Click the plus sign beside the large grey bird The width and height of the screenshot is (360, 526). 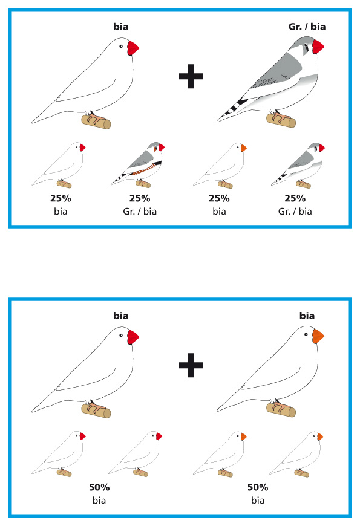point(191,76)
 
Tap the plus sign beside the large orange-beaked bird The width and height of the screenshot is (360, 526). point(191,365)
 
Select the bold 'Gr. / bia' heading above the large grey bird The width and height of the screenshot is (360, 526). point(307,27)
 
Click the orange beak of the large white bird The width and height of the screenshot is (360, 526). point(318,336)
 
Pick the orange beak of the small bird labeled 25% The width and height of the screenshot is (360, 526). point(243,148)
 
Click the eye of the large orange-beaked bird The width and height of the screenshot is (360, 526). point(306,334)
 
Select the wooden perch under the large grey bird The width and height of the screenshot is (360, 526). point(281,120)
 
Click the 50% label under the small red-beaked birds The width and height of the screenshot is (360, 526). point(99,487)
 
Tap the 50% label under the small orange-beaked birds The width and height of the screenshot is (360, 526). point(258,487)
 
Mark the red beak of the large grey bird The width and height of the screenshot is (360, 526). point(318,47)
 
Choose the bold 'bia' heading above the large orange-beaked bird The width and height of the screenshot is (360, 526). point(307,316)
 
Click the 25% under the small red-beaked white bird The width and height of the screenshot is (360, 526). point(61,198)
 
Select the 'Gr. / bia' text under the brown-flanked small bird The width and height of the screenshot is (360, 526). point(140,212)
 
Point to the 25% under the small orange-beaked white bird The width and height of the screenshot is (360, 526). point(219,198)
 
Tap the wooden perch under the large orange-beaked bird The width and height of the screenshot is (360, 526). point(281,409)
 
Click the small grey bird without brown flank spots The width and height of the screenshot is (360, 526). point(299,164)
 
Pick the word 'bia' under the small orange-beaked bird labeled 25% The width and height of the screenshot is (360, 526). point(219,212)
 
